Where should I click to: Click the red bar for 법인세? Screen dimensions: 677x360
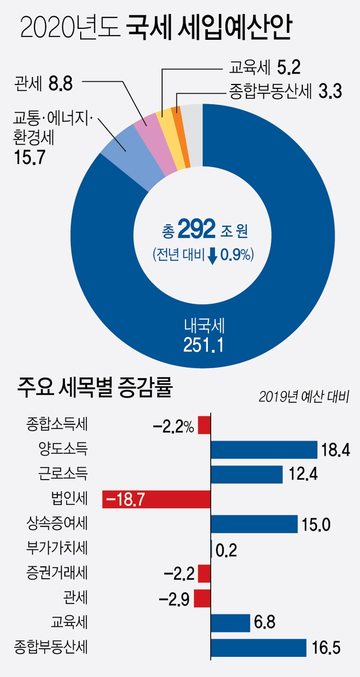(157, 499)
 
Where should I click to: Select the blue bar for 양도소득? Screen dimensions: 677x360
(264, 450)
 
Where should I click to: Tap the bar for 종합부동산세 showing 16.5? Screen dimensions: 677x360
(258, 648)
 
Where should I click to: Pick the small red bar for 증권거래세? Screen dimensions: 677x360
(204, 573)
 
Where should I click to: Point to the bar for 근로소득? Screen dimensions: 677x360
(247, 474)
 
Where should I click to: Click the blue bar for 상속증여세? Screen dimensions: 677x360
(254, 524)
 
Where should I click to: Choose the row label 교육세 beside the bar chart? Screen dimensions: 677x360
(72, 622)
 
